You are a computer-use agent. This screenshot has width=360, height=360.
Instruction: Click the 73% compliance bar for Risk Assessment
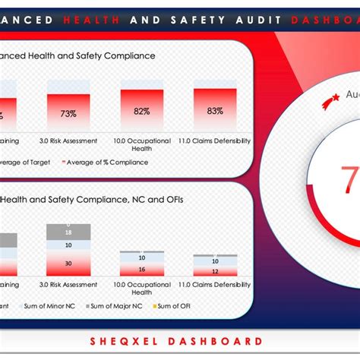coord(68,112)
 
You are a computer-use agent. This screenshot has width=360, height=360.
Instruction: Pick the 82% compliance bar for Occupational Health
coord(141,110)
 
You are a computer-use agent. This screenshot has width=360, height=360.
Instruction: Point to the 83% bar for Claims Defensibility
coord(215,110)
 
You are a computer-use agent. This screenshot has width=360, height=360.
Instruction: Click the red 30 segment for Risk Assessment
coord(68,263)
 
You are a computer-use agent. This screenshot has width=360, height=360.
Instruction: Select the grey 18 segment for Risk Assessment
coord(68,231)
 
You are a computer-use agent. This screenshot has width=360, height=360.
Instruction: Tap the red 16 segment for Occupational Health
coord(141,269)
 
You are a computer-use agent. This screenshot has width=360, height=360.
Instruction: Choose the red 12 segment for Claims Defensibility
coord(215,271)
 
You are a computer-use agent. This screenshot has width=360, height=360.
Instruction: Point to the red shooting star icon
coord(330,99)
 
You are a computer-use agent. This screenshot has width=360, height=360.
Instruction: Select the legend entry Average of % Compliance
coord(108,161)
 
